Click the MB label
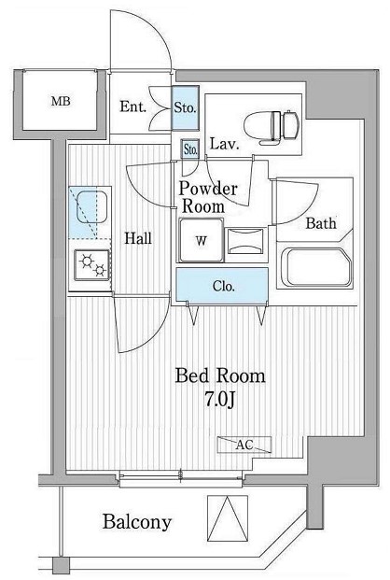coord(61,101)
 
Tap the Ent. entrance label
coord(132,107)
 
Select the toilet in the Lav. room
coord(270,125)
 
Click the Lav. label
coord(224,144)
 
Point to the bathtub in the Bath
coord(316,267)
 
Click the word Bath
coord(321,223)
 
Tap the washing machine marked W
coord(202,240)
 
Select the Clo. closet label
coord(223,287)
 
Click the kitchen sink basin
coord(91,207)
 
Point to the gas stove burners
coord(92,265)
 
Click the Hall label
coord(137,238)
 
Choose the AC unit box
coord(244,445)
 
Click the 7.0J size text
coord(220,400)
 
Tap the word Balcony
coord(137,522)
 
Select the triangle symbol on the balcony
coord(228,518)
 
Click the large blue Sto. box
coord(186,107)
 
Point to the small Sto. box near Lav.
coord(190,149)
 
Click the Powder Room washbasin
coord(245,241)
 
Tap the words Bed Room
coord(220,376)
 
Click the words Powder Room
coord(207,197)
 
